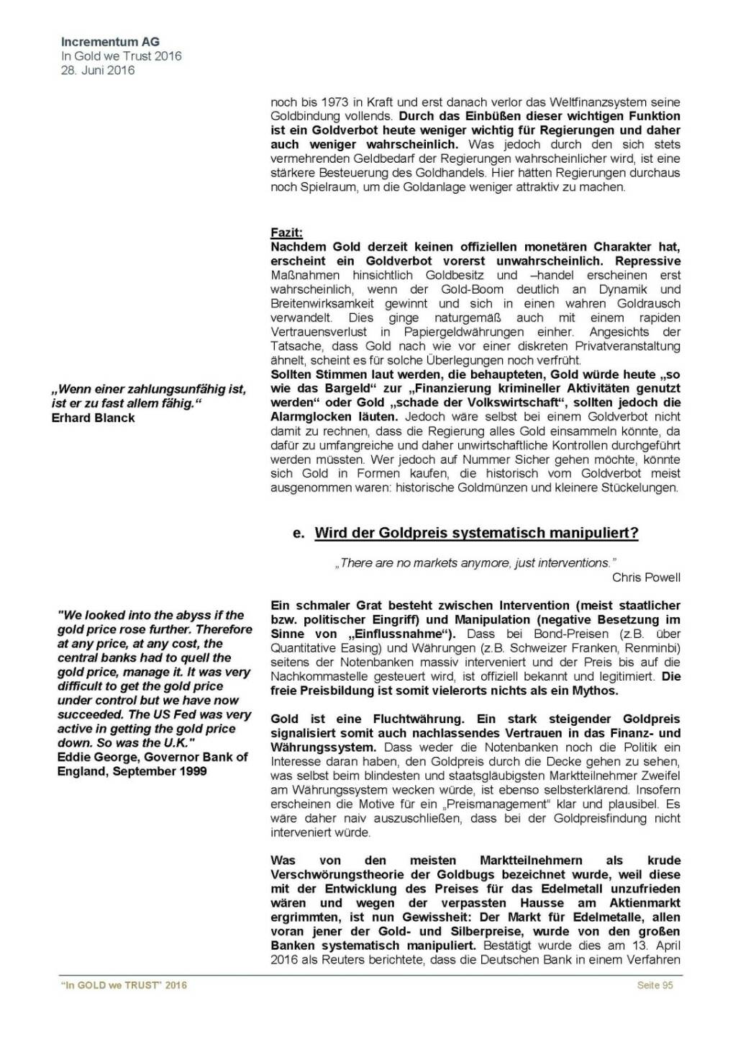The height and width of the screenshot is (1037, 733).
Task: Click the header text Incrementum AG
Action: [110, 42]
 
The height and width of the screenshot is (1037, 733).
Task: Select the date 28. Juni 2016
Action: [98, 70]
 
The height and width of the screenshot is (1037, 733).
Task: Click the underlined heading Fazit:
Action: [286, 233]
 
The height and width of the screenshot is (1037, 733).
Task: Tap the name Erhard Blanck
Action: [93, 418]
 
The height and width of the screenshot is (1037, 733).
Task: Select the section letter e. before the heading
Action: [299, 533]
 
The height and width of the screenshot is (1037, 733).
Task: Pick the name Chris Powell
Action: [646, 578]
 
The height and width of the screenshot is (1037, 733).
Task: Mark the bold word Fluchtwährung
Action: [410, 719]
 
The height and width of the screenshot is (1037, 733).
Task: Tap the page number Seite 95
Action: [655, 985]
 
